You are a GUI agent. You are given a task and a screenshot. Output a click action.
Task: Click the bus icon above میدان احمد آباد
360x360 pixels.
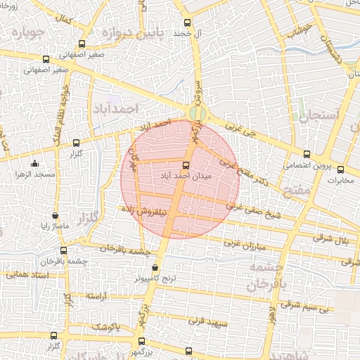point(186,165)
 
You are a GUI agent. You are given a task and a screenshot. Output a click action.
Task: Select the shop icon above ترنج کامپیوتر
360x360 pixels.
point(155,268)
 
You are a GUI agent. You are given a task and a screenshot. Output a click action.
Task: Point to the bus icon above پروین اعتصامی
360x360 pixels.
point(306,155)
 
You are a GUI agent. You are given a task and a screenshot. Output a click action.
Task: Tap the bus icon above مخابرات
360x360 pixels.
point(341,169)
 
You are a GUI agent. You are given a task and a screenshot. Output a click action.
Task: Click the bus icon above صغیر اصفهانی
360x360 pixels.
point(46,60)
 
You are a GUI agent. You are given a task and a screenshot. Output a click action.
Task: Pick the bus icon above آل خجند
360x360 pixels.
point(187,23)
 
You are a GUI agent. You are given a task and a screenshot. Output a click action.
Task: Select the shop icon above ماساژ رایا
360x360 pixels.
point(56,216)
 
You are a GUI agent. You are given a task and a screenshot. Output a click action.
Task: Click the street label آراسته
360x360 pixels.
point(101,298)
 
